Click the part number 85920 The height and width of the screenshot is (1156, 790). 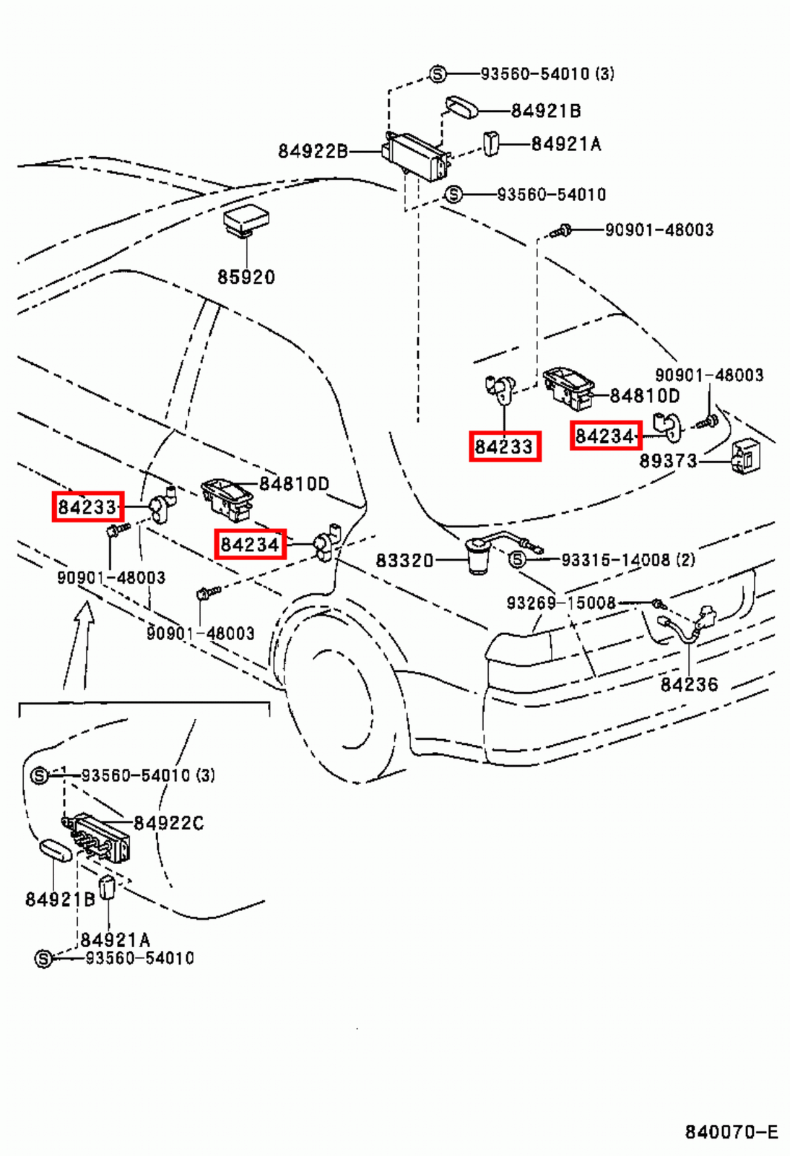(246, 277)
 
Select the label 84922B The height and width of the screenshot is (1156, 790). (312, 151)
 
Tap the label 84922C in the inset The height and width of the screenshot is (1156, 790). (169, 823)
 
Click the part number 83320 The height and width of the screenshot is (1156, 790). (404, 561)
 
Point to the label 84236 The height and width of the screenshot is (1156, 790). (689, 684)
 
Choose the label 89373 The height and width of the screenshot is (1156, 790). (668, 461)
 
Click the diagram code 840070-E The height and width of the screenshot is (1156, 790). (731, 1132)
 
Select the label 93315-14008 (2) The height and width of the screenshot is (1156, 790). (628, 560)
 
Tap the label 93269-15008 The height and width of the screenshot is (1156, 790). (561, 603)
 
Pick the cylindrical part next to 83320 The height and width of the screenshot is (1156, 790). (477, 558)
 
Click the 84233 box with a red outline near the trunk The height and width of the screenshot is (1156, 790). (504, 447)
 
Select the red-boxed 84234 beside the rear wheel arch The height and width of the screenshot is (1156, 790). (250, 544)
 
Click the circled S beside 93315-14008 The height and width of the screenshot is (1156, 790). (517, 560)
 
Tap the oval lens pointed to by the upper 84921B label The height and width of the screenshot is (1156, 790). (461, 108)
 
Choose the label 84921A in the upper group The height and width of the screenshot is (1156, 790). (566, 144)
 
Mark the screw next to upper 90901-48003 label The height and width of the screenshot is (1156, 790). (561, 231)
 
